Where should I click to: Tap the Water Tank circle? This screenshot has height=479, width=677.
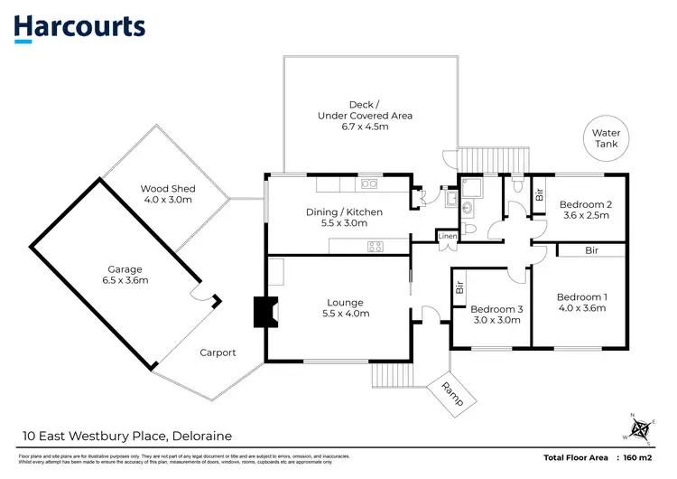(x=606, y=144)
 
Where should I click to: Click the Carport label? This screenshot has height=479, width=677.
(x=217, y=352)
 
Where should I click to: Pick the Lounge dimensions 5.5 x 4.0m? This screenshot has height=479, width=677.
(x=345, y=314)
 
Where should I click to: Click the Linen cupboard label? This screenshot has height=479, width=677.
(x=447, y=237)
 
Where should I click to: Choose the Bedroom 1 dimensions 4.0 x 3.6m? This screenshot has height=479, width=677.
(x=581, y=309)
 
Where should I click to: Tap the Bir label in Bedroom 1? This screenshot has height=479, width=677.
(x=591, y=249)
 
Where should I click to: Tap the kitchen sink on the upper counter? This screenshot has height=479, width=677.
(x=368, y=184)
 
